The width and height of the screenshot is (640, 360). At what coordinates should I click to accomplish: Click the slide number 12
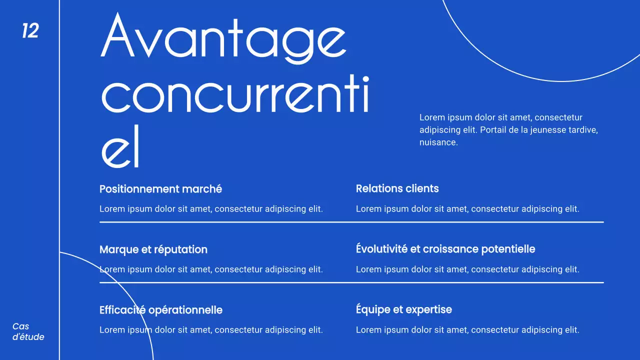[x=30, y=31]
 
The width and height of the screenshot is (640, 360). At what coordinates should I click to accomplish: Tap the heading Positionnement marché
[x=160, y=189]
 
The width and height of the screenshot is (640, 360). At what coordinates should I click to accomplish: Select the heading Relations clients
[x=397, y=188]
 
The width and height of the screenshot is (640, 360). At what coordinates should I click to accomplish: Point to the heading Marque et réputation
[x=153, y=249]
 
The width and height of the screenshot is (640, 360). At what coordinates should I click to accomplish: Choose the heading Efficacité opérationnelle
[x=160, y=310]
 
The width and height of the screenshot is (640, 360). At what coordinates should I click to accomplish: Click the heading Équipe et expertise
[x=403, y=309]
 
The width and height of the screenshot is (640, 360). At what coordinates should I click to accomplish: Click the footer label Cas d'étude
[x=28, y=332]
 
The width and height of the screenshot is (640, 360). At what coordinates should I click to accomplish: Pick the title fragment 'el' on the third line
[x=121, y=148]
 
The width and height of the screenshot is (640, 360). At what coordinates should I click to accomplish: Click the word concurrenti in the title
[x=235, y=94]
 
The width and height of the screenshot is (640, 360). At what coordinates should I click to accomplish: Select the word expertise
[x=428, y=309]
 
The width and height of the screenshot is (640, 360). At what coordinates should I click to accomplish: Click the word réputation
[x=180, y=249]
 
